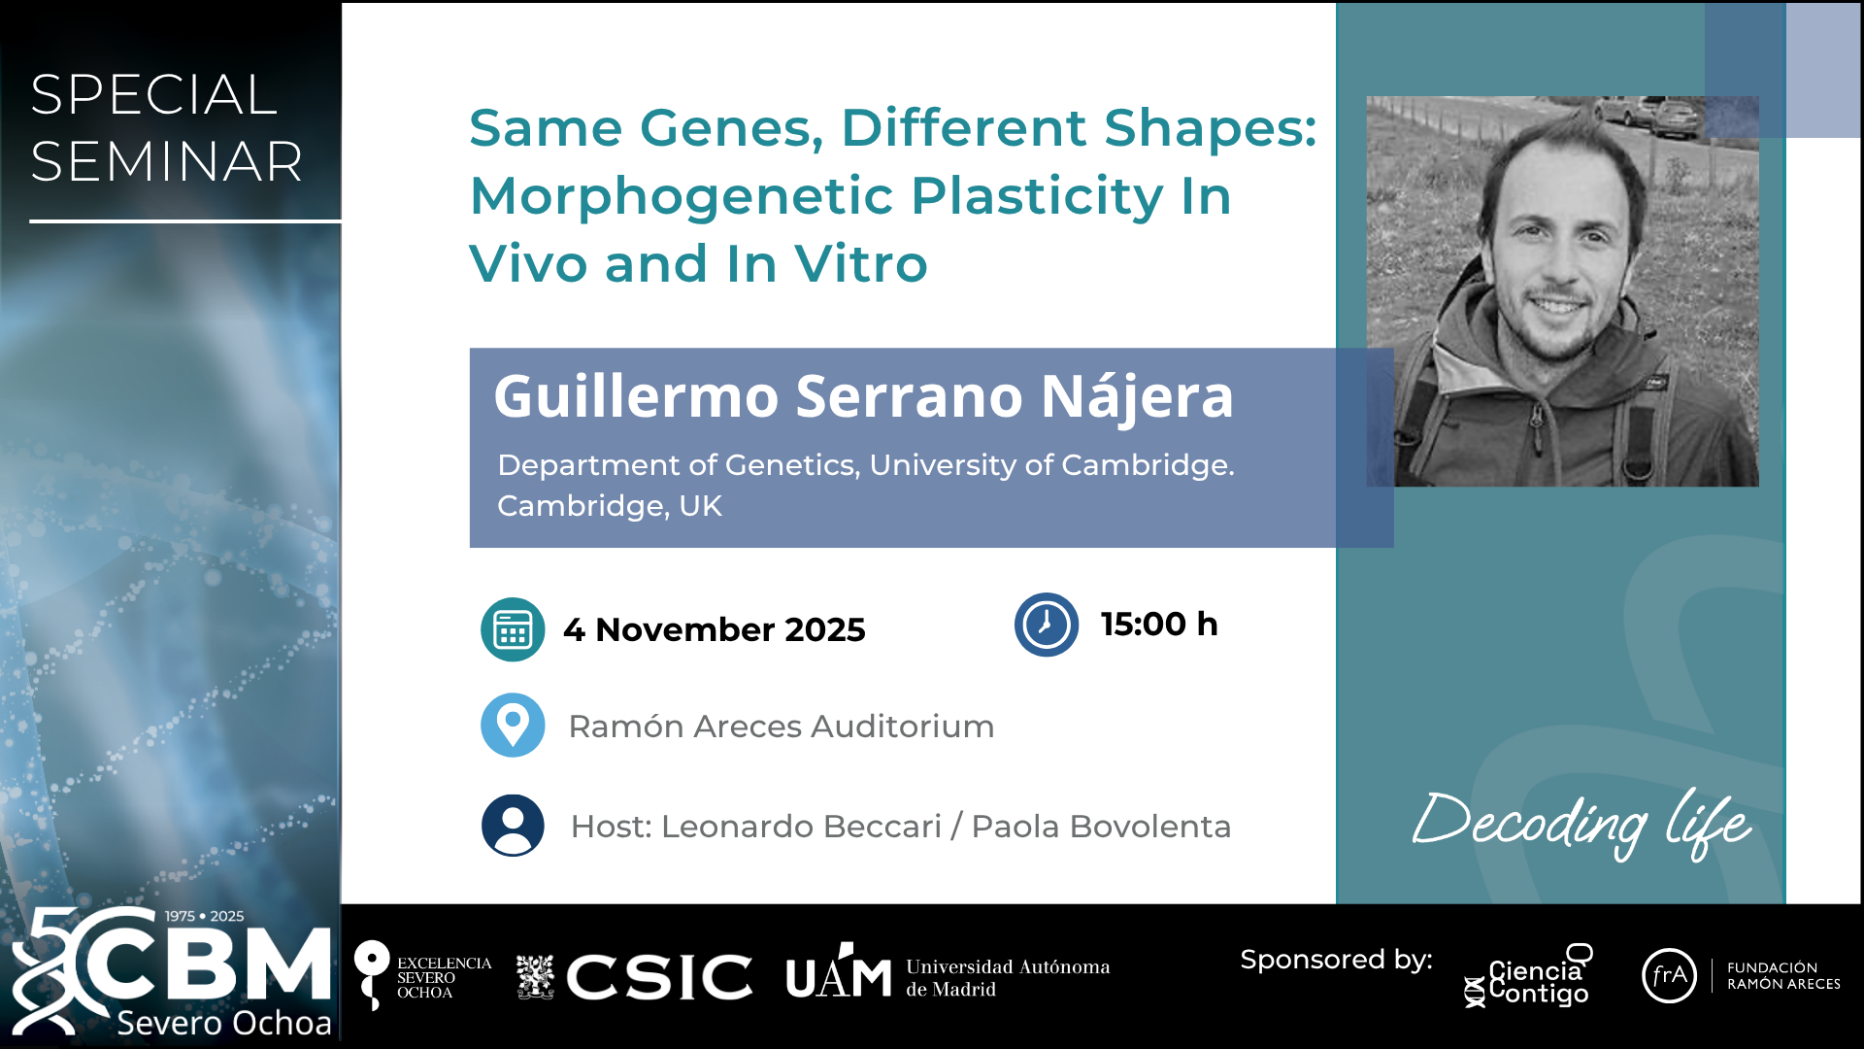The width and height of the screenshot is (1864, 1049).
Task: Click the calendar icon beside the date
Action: pyautogui.click(x=513, y=629)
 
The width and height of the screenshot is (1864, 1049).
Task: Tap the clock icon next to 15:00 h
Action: pyautogui.click(x=1047, y=625)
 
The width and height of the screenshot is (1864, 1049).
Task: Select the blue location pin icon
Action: pyautogui.click(x=513, y=725)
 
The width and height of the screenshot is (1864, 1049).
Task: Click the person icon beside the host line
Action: pyautogui.click(x=513, y=826)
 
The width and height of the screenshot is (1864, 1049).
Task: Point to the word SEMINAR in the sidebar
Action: pyautogui.click(x=167, y=161)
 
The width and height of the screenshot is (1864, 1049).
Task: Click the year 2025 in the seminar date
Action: pyautogui.click(x=824, y=629)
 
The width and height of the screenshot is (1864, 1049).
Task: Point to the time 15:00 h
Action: pyautogui.click(x=1159, y=625)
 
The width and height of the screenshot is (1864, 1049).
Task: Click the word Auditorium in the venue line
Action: pyautogui.click(x=902, y=727)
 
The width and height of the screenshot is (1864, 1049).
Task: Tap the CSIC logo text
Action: pyautogui.click(x=660, y=976)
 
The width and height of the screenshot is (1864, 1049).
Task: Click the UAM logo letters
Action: pyautogui.click(x=839, y=972)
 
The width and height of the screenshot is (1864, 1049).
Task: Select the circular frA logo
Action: pyautogui.click(x=1669, y=975)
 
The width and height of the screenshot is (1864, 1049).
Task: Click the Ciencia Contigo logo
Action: pyautogui.click(x=1528, y=975)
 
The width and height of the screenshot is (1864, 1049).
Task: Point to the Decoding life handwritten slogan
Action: pyautogui.click(x=1581, y=824)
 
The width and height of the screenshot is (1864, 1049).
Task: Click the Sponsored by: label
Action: pyautogui.click(x=1336, y=961)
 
